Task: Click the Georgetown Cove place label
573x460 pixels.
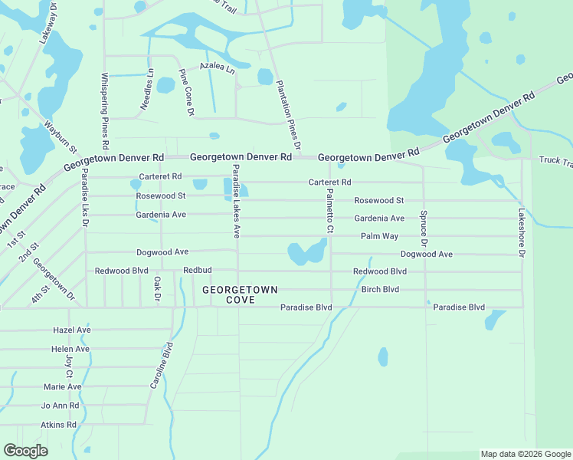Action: click(x=240, y=294)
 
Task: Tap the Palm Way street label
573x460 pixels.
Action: click(x=380, y=236)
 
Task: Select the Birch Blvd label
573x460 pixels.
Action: click(x=380, y=290)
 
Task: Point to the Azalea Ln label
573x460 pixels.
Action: click(x=217, y=67)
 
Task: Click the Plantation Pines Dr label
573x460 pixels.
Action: click(x=287, y=115)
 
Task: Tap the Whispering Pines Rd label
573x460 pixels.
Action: click(x=105, y=111)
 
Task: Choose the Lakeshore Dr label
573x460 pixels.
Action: click(x=522, y=232)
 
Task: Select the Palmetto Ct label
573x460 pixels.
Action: click(x=330, y=212)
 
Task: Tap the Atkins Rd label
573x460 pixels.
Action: click(x=59, y=424)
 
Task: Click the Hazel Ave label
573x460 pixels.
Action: click(x=72, y=330)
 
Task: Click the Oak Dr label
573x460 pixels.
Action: click(x=156, y=288)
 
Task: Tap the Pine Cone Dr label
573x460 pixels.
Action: click(x=186, y=93)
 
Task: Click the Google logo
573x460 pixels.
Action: click(x=25, y=451)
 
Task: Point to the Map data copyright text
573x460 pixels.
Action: click(x=526, y=454)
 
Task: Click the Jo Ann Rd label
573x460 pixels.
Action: click(x=60, y=406)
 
